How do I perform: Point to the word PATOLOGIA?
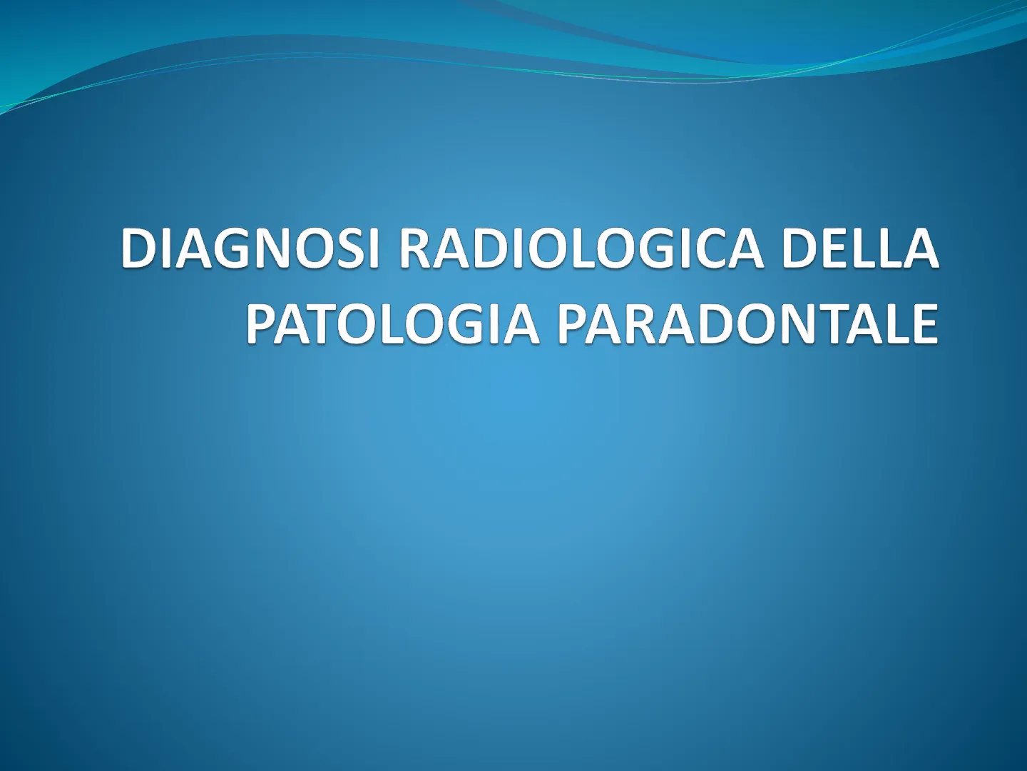[391, 323]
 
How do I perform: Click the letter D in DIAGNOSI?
[140, 248]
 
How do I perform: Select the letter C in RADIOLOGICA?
[706, 248]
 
